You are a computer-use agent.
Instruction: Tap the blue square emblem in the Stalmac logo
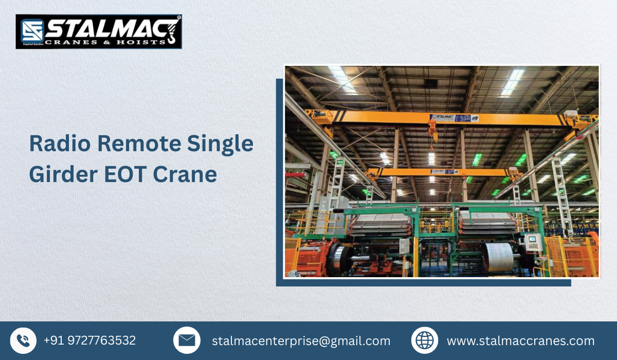click(x=31, y=31)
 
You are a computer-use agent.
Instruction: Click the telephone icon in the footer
click(x=23, y=340)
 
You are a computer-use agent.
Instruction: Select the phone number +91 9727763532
click(x=89, y=340)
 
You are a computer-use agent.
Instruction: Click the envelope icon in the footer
click(x=187, y=340)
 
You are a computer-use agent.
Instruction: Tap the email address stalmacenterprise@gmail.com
click(x=301, y=340)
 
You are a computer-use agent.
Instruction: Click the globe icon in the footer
click(x=425, y=340)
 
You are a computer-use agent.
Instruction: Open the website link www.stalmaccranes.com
click(x=520, y=340)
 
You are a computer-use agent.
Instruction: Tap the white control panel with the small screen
click(x=534, y=242)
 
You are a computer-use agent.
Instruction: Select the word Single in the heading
click(x=226, y=143)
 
